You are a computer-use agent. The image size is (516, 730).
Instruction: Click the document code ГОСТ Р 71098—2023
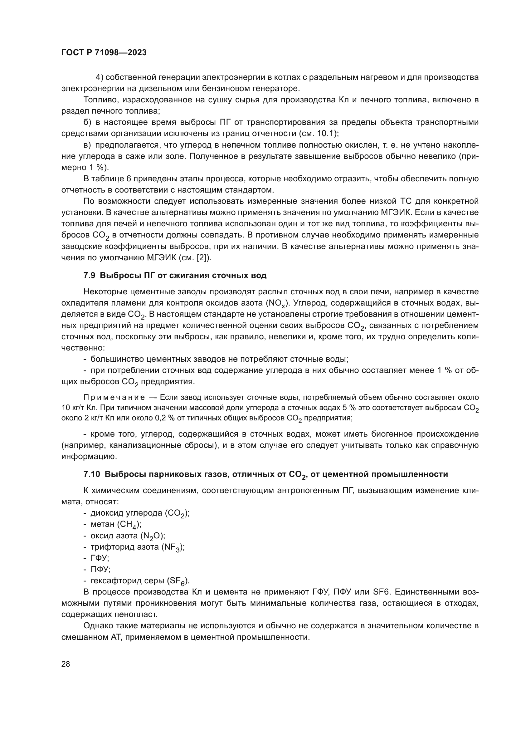click(x=104, y=53)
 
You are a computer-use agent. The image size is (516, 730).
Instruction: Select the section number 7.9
click(x=89, y=275)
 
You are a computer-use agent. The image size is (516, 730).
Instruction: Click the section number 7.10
click(x=92, y=483)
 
